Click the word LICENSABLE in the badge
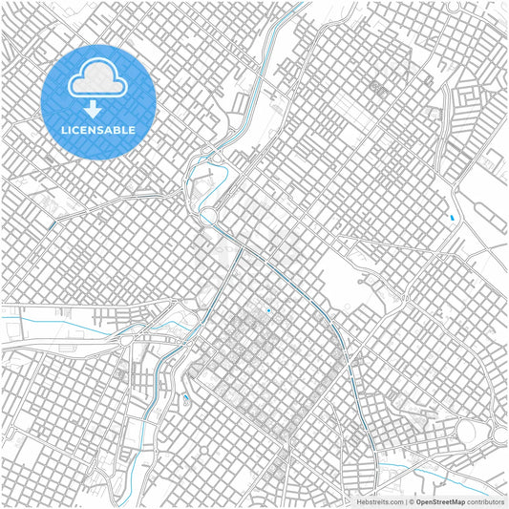click(x=98, y=130)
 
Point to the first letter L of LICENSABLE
click(x=64, y=130)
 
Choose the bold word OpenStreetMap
click(x=440, y=501)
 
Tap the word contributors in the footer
click(x=484, y=501)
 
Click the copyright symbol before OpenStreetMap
click(x=411, y=501)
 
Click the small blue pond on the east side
click(x=451, y=222)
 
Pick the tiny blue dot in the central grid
click(x=269, y=310)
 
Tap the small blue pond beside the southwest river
click(x=185, y=397)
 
